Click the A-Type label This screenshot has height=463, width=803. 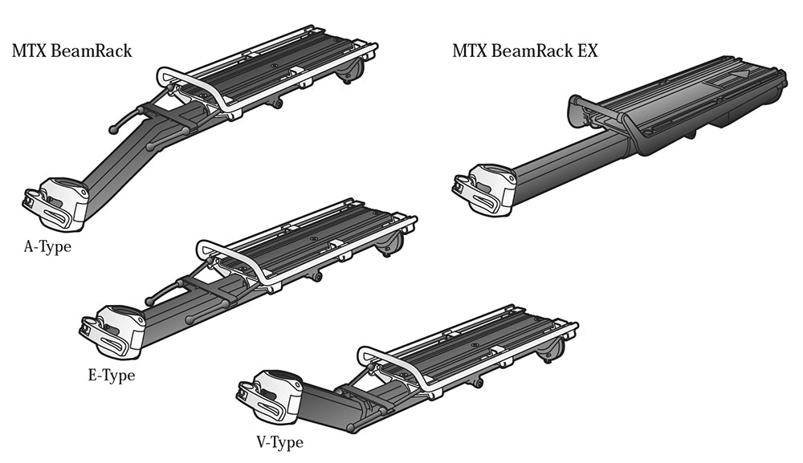pyautogui.click(x=47, y=246)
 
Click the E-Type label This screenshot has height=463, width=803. pyautogui.click(x=111, y=375)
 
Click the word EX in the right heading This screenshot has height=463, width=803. pyautogui.click(x=587, y=51)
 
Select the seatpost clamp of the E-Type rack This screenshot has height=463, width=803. pyautogui.click(x=113, y=330)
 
